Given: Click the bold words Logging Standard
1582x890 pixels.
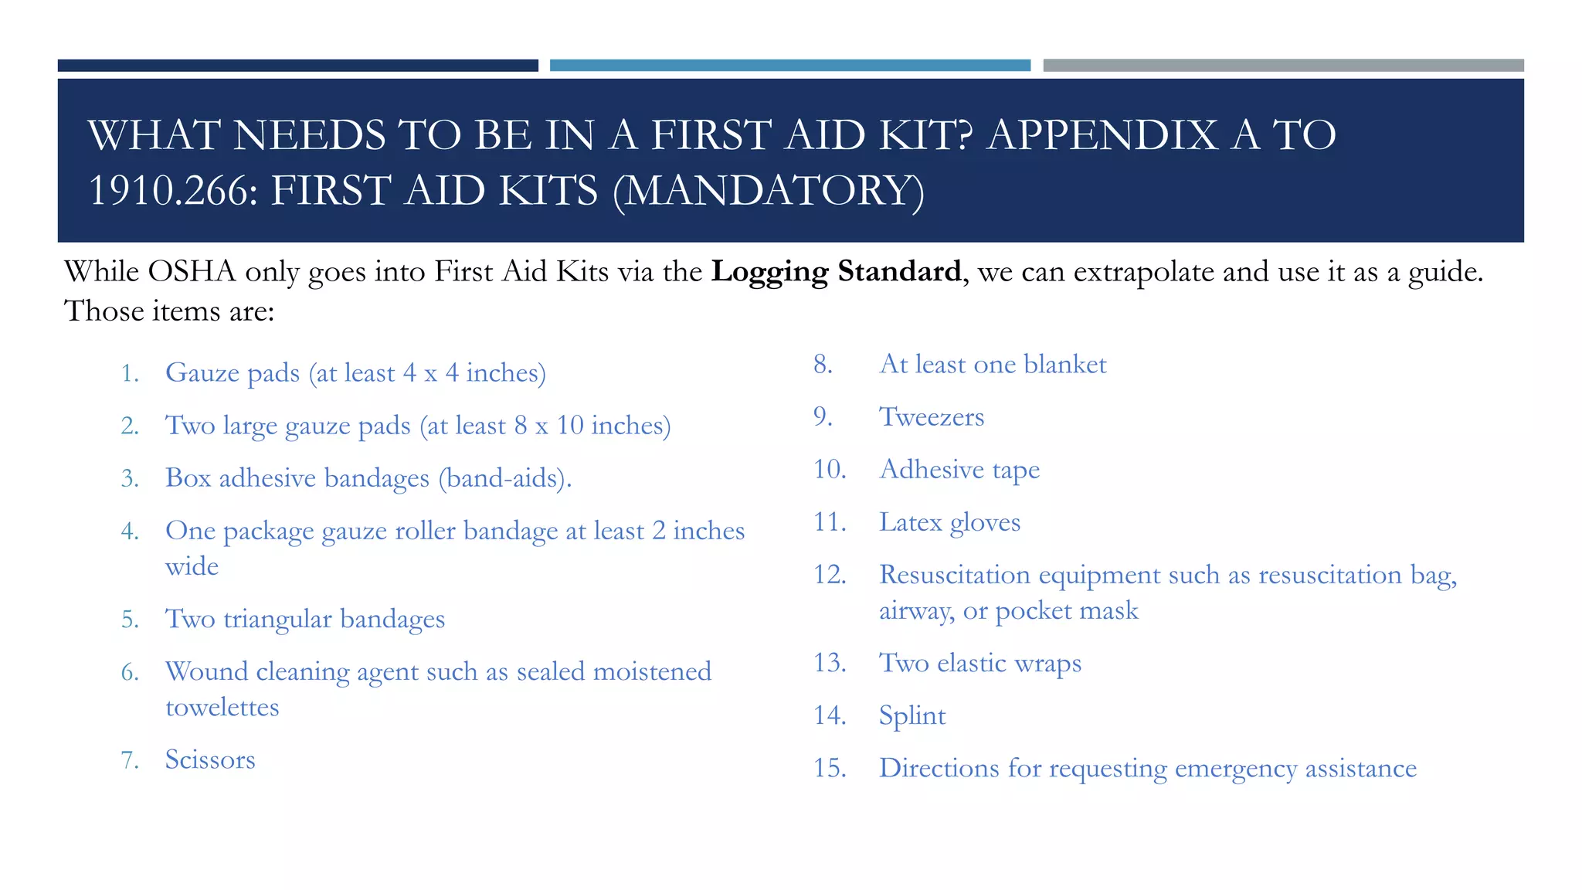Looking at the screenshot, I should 836,272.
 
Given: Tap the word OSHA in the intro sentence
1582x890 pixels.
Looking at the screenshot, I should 191,272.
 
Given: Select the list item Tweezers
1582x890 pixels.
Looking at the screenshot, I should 932,417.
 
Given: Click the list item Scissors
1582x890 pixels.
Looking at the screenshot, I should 210,759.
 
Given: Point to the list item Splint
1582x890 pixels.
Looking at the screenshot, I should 912,715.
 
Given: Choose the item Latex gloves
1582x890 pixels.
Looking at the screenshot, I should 949,522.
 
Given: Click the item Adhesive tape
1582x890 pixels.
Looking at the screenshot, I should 959,470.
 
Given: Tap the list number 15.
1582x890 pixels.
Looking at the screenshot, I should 829,768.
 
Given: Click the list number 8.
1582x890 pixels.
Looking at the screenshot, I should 823,364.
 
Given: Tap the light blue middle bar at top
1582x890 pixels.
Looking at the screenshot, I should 789,66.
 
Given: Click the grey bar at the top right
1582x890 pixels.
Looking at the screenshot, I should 1282,66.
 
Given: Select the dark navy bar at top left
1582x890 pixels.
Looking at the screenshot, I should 297,66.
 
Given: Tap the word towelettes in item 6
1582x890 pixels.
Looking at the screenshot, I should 222,707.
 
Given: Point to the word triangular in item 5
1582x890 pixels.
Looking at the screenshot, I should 277,619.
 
